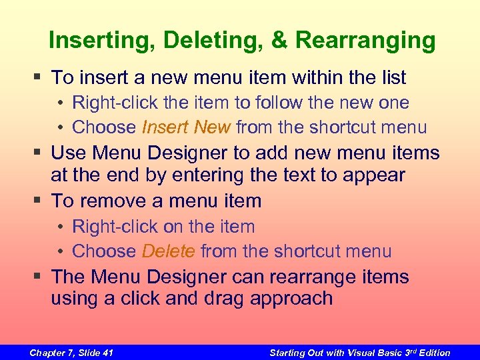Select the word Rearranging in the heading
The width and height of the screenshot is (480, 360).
365,40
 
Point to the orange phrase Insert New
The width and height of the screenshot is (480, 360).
186,127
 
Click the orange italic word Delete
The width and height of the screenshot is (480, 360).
168,251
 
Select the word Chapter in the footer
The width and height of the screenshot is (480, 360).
47,353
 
